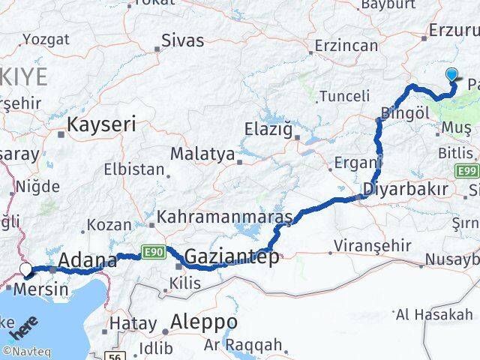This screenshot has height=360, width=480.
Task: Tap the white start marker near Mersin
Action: pyautogui.click(x=26, y=269)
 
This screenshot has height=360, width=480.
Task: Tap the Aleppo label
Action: pyautogui.click(x=204, y=322)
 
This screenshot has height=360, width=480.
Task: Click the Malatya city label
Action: pyautogui.click(x=202, y=154)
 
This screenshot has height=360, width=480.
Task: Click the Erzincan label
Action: pyautogui.click(x=346, y=45)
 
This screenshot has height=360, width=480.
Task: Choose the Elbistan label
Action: pyautogui.click(x=133, y=169)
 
